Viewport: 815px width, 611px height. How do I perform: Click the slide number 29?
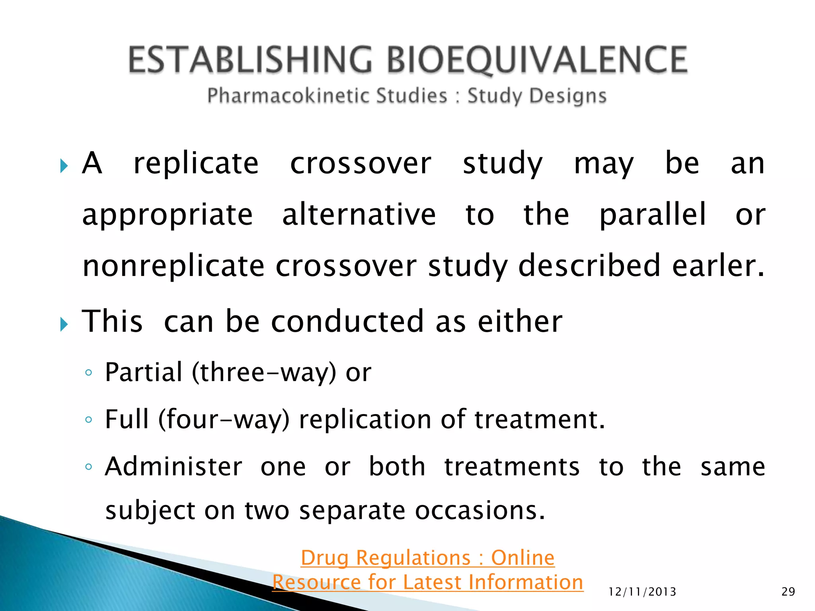788,592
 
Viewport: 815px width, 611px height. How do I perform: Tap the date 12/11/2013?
642,592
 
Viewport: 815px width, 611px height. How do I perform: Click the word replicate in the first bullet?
196,163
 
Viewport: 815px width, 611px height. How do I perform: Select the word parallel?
653,215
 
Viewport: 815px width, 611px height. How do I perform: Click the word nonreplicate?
174,265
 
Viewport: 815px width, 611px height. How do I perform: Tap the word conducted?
347,321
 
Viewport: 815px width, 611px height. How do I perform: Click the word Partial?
144,373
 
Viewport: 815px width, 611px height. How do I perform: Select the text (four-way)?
224,420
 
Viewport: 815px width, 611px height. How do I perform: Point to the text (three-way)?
264,373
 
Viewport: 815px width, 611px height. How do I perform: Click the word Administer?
174,467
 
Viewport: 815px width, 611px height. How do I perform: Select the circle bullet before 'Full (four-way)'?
89,420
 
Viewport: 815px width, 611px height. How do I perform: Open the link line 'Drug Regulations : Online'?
427,558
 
